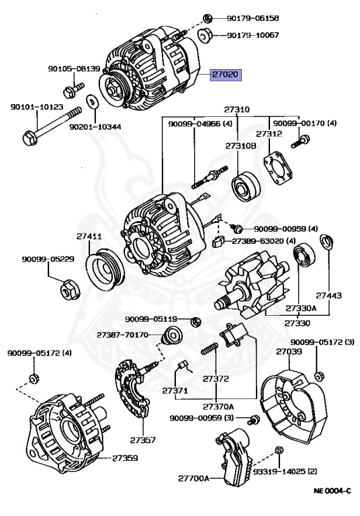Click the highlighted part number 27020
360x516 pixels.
coord(226,75)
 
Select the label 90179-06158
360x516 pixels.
coord(253,18)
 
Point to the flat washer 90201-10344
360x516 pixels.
coord(91,101)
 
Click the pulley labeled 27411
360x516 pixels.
coord(105,271)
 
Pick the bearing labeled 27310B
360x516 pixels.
coord(245,186)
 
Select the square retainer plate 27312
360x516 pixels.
coord(278,169)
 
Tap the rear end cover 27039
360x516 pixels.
coord(293,407)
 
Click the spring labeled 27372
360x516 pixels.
coord(210,348)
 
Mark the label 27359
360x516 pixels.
coord(125,458)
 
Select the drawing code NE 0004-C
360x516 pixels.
coord(332,490)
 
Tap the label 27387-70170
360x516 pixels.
coord(123,335)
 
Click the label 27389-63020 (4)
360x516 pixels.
coord(264,241)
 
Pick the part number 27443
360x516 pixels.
coord(328,296)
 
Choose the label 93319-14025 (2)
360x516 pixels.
coord(285,472)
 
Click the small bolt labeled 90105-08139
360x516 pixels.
coord(73,90)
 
